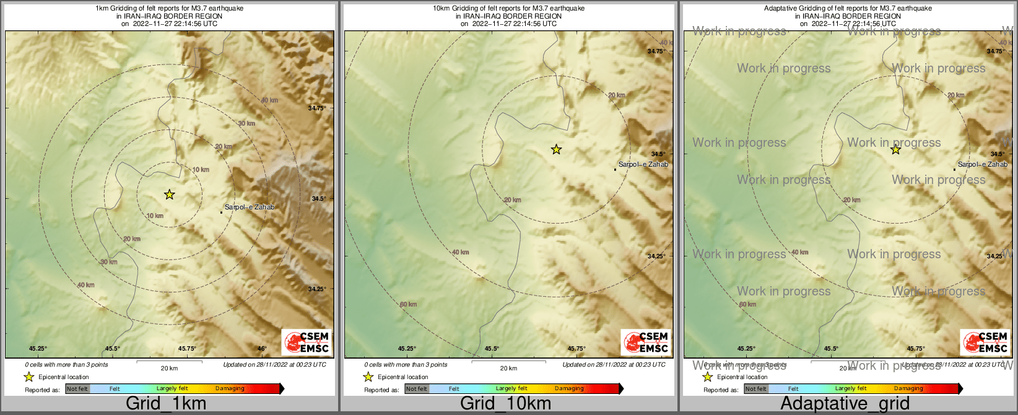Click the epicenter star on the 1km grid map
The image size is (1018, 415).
click(x=169, y=194)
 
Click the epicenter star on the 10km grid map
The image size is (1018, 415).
click(x=556, y=149)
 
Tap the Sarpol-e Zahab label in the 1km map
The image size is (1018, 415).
click(x=249, y=207)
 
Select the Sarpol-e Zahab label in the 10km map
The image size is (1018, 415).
click(x=643, y=164)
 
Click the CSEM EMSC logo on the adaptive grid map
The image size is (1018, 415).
click(x=985, y=342)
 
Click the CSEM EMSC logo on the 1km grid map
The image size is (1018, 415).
click(x=306, y=342)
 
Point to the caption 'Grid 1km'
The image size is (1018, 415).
click(x=166, y=403)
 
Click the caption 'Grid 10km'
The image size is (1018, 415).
click(x=505, y=403)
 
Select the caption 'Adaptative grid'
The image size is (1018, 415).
click(x=845, y=403)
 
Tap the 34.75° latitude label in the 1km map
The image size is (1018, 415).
click(x=317, y=108)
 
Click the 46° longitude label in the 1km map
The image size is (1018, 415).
click(x=262, y=349)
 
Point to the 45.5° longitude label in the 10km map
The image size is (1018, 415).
click(x=492, y=349)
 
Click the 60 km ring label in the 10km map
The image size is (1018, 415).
click(x=408, y=304)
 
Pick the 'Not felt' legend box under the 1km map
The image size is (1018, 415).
click(x=77, y=389)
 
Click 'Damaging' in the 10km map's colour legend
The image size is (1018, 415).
click(x=568, y=389)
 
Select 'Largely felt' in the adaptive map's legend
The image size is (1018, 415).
click(x=850, y=389)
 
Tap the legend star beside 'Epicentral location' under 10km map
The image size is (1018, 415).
click(x=368, y=377)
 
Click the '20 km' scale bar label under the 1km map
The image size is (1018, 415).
click(x=169, y=368)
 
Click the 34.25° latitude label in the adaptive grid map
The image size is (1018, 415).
click(x=994, y=256)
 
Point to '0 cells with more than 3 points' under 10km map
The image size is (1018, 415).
click(x=406, y=365)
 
